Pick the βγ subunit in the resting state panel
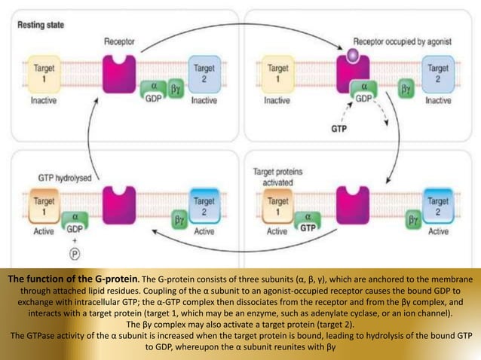(177, 89)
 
